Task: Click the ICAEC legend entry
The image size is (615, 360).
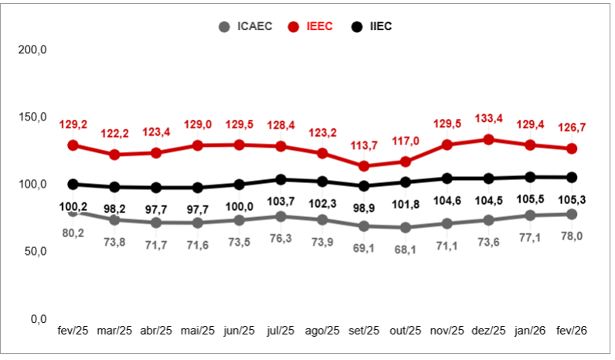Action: tap(245, 26)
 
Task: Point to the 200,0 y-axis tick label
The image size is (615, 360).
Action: tap(32, 49)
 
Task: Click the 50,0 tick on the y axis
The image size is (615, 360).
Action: tap(32, 252)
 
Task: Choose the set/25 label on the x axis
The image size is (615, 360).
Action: tap(363, 330)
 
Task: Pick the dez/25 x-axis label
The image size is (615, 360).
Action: tap(488, 330)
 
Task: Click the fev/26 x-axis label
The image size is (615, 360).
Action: tap(572, 330)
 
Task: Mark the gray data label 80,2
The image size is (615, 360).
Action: tap(73, 232)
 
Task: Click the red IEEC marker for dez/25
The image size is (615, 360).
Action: tap(488, 139)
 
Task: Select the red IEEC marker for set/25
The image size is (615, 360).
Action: tap(363, 165)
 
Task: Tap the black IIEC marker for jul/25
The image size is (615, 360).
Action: tap(280, 179)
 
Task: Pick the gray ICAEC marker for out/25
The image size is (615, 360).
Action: tap(405, 227)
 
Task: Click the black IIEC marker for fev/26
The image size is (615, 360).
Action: tap(572, 177)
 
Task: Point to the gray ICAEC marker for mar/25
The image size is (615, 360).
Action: tap(114, 219)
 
